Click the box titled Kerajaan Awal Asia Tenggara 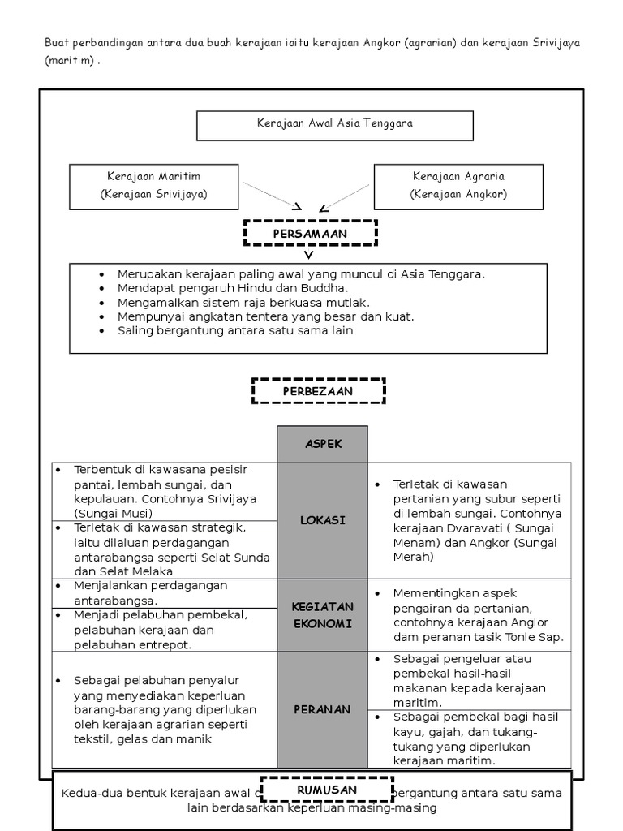point(334,125)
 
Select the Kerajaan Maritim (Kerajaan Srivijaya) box point(154,186)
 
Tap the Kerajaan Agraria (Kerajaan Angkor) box point(458,186)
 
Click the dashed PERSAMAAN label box point(311,234)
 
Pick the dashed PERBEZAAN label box point(318,390)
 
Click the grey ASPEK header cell point(323,444)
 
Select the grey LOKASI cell point(323,520)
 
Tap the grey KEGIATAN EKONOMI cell point(323,615)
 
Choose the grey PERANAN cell point(323,709)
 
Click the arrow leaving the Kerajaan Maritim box point(273,196)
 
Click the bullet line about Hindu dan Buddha point(232,287)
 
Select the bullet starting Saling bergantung point(235,331)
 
